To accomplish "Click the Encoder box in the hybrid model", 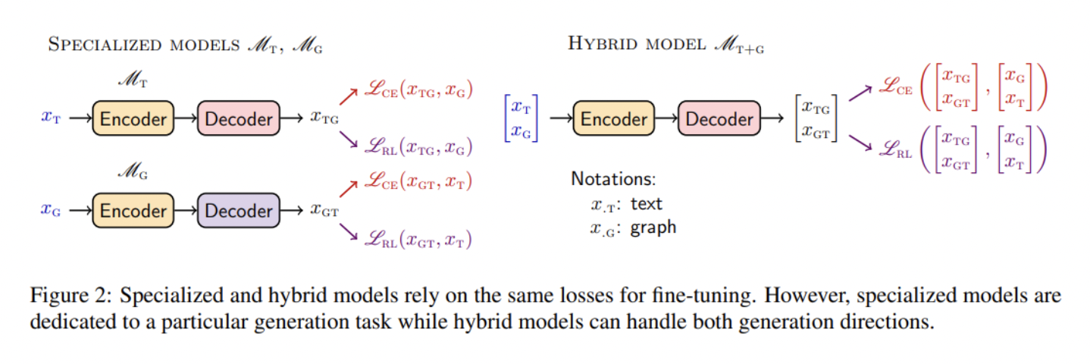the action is coord(614,118).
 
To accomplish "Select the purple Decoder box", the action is coord(239,210).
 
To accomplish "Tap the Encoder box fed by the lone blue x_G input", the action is coord(133,210).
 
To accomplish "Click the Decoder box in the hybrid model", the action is coord(719,118).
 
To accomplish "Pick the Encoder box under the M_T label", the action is coord(133,118).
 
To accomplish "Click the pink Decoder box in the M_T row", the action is coord(239,118).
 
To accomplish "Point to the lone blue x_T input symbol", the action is coord(51,118).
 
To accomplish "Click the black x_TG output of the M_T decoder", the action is coord(324,118).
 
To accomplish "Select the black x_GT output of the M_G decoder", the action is coord(324,210).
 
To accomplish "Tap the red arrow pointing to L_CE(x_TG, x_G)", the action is coord(349,96).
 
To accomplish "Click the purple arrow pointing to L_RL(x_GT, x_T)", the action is coord(349,231).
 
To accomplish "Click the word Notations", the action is coord(613,179).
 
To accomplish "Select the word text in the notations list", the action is coord(647,203).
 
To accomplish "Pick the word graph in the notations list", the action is coord(653,227).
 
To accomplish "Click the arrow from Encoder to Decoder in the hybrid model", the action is coord(666,118).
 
